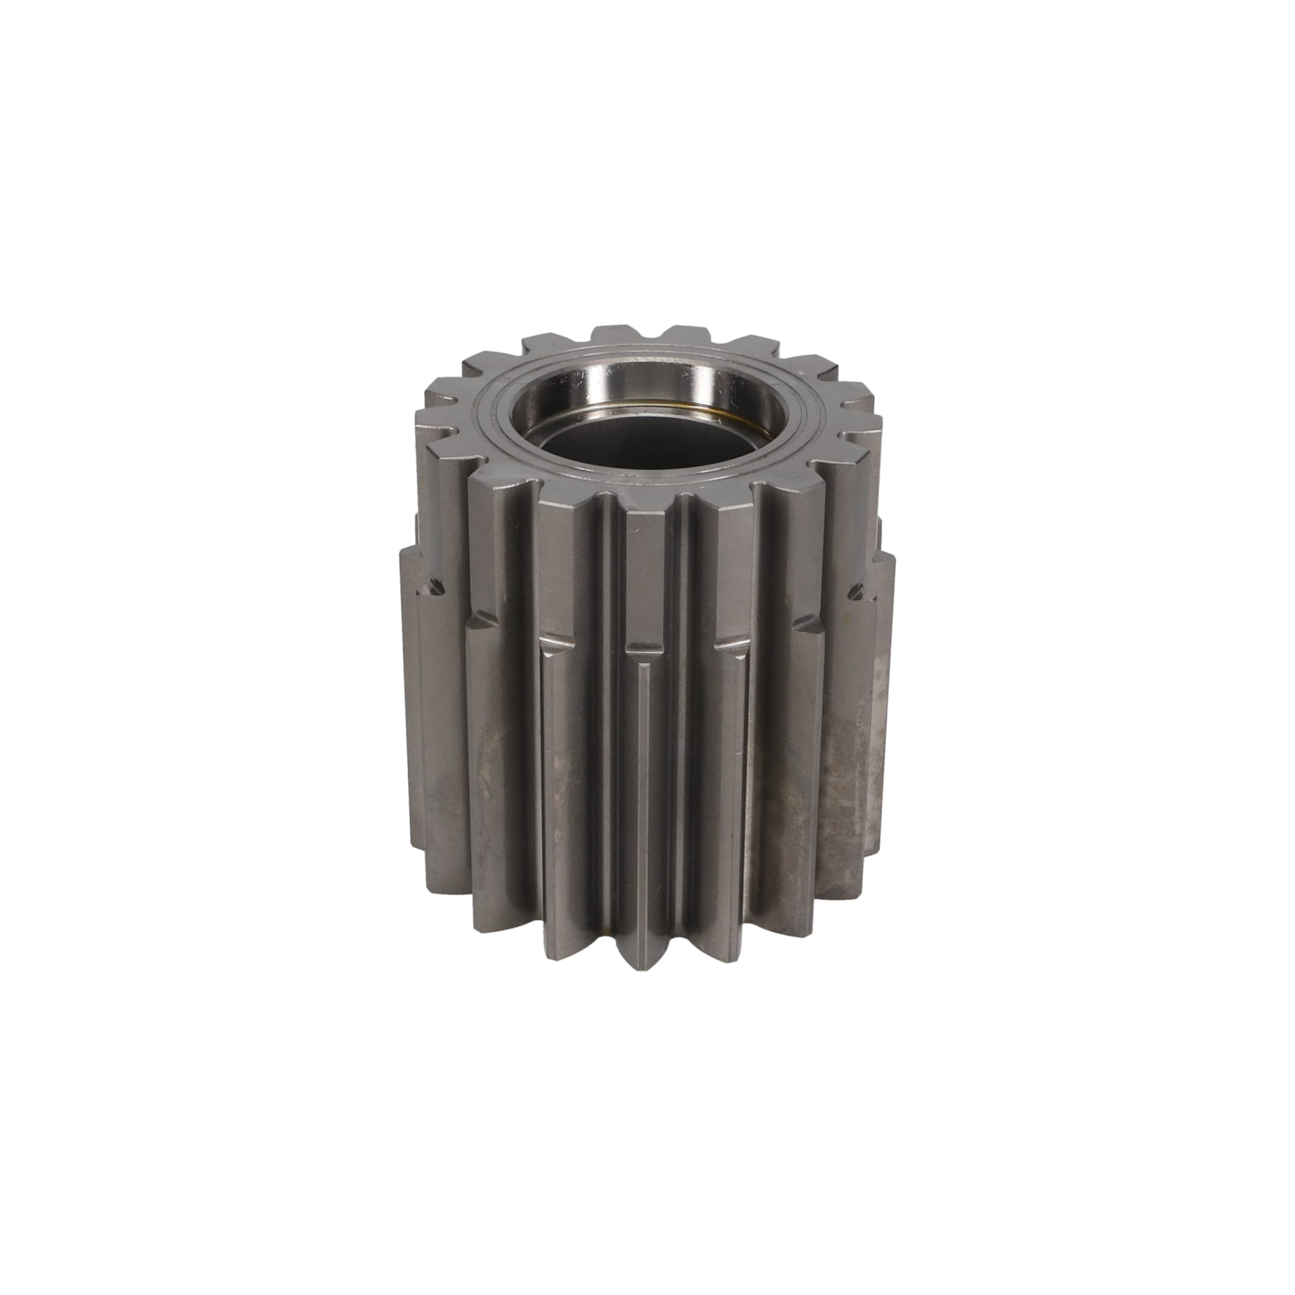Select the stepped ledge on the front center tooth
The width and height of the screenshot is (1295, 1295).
click(x=647, y=647)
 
